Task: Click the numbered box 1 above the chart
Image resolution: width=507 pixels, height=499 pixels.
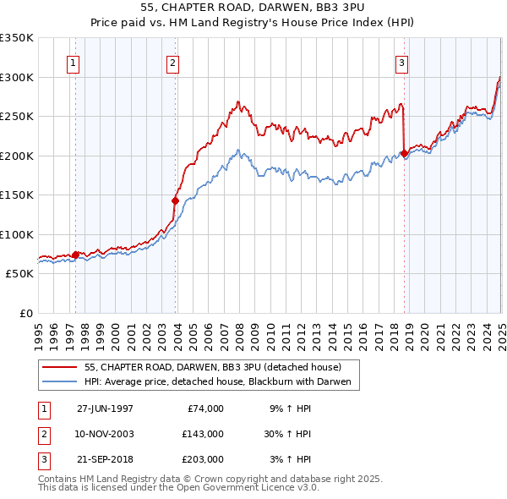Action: point(73,63)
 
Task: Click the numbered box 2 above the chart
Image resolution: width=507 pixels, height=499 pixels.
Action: point(172,63)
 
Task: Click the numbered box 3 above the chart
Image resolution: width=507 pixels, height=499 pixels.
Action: point(401,63)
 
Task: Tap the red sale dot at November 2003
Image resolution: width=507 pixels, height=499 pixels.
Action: point(176,200)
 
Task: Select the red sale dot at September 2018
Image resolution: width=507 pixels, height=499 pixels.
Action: point(404,153)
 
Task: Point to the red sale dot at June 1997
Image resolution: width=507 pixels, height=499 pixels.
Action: point(76,255)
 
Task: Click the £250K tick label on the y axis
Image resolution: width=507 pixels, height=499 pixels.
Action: point(17,117)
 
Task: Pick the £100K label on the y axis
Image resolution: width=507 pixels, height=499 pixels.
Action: point(17,234)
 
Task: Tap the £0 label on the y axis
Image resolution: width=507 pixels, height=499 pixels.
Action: point(25,313)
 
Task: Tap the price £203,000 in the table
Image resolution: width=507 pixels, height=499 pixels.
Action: point(202,459)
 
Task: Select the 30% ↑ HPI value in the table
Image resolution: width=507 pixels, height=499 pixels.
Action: point(287,434)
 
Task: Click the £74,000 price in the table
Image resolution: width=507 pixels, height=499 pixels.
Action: point(204,409)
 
